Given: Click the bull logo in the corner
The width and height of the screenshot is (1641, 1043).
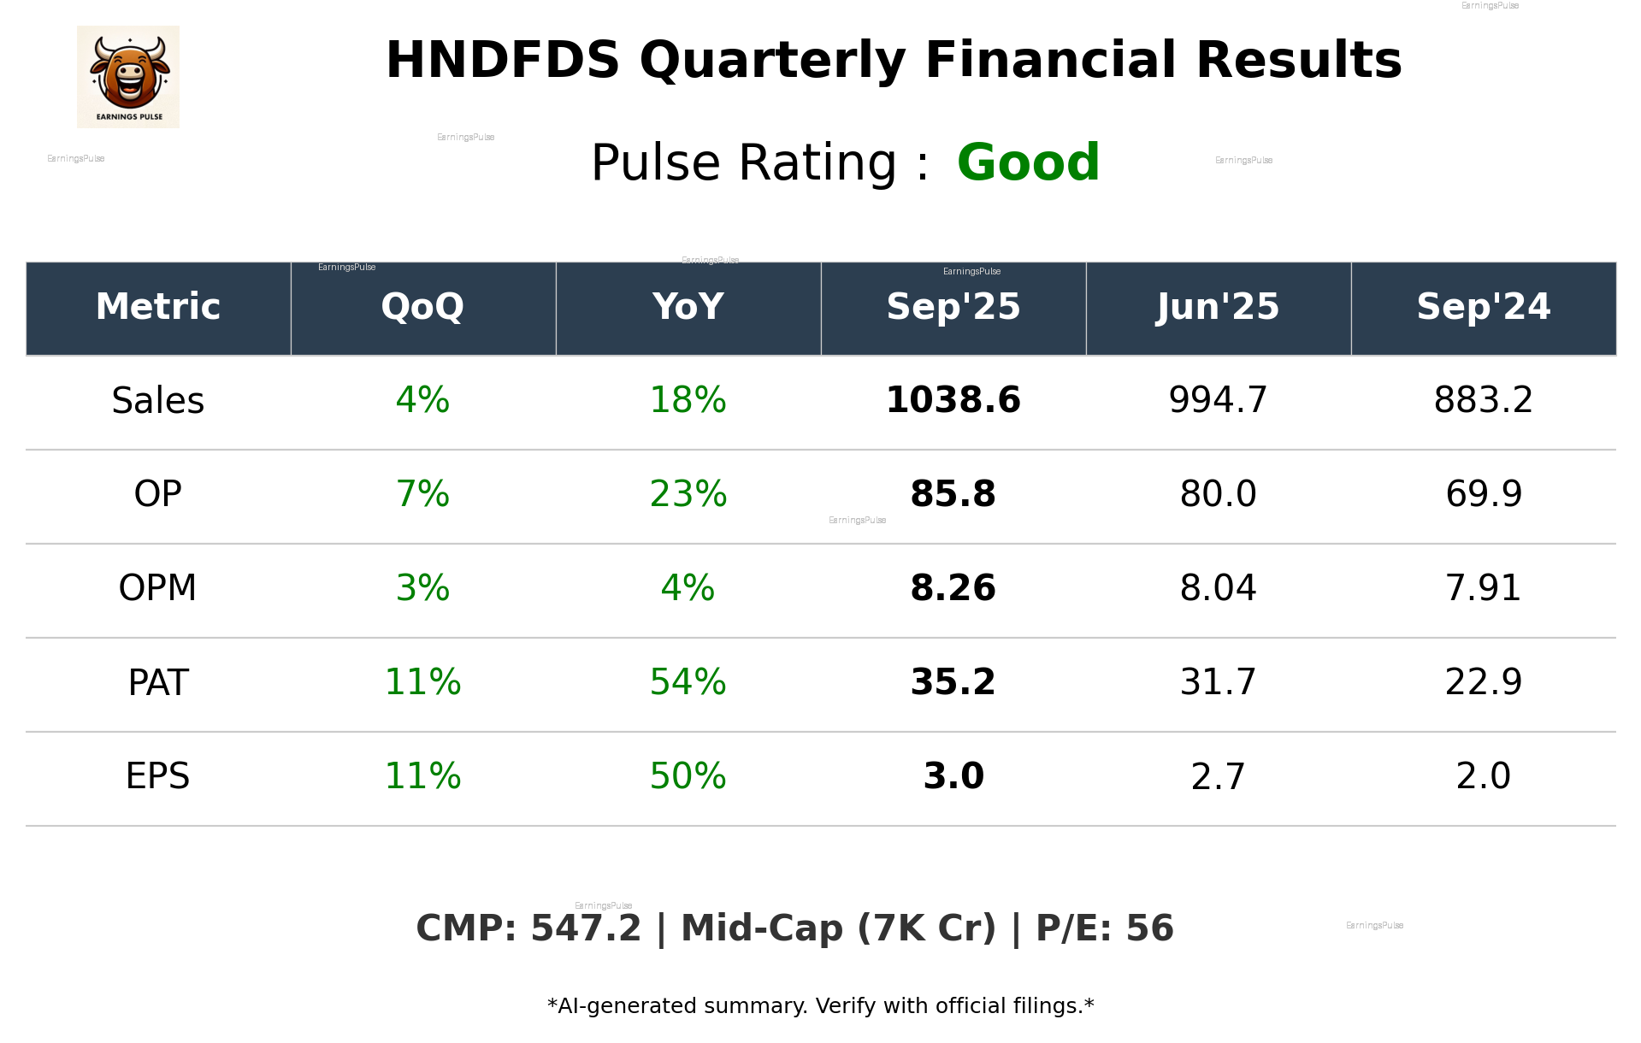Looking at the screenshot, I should coord(128,76).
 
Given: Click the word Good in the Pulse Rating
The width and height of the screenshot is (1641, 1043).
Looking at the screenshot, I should coord(1028,162).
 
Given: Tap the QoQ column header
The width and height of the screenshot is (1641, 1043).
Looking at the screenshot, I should coord(422,307).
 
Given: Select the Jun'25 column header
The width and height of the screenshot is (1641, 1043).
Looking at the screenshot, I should coord(1218,307).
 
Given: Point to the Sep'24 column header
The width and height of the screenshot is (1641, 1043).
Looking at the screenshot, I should coord(1483,307).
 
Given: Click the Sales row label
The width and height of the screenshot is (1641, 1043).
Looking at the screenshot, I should coord(158,400).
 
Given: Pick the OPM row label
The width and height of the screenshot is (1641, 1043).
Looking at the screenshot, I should coord(158,588).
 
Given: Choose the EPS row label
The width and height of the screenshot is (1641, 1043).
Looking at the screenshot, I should coord(158,776).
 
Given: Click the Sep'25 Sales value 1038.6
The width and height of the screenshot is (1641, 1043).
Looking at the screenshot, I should coord(953,400).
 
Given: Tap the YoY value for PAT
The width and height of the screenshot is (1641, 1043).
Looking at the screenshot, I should coord(688,682).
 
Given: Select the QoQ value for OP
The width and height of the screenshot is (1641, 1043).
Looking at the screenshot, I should coord(422,494).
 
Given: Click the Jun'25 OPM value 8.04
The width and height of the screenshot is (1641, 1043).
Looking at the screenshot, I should coord(1218,588).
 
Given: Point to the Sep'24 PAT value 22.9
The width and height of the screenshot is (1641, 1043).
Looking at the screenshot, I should coord(1483,682).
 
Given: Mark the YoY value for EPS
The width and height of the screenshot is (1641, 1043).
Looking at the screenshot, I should coord(688,776).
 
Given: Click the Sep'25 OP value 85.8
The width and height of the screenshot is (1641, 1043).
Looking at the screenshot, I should coord(953,494).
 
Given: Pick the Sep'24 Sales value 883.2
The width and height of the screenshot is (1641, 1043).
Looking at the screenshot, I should coord(1483,400).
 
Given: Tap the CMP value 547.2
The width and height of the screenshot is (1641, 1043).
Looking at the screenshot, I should coord(586,928).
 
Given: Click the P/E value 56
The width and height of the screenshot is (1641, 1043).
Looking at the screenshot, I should coord(1149,928).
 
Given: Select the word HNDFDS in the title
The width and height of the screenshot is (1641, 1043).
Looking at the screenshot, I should coord(503,61).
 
